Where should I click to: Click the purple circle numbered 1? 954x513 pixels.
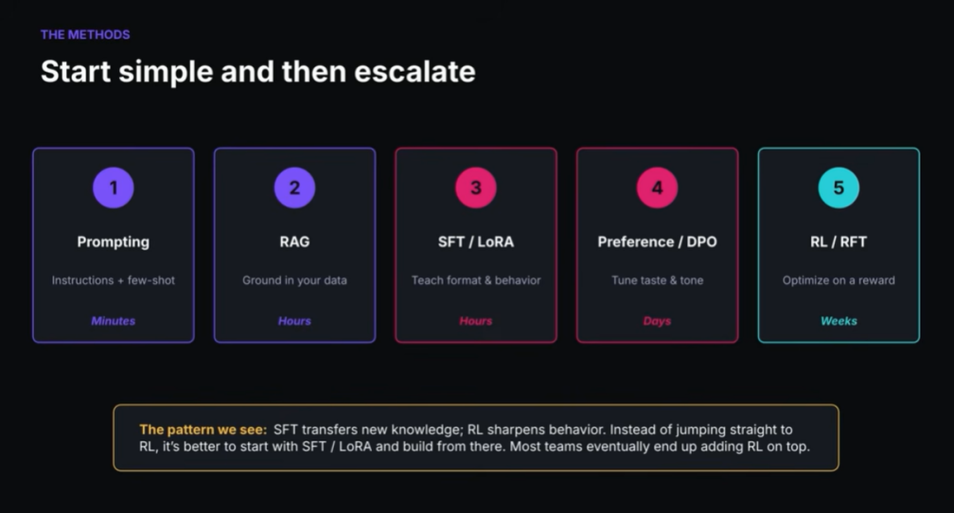[113, 188]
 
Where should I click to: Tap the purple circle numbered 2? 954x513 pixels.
[294, 188]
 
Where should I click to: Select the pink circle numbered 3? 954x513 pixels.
[476, 188]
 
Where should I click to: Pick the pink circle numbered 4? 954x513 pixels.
[657, 188]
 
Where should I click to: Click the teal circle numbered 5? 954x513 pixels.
[838, 188]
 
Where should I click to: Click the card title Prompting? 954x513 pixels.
[113, 241]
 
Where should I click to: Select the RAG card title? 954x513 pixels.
[294, 241]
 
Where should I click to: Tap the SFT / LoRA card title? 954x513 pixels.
[476, 241]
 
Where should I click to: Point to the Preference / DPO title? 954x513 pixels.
[657, 241]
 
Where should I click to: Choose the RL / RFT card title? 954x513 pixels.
[838, 241]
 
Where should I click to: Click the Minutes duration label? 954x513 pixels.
[113, 321]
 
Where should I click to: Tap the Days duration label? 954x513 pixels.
[657, 321]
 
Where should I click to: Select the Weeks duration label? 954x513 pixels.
[838, 321]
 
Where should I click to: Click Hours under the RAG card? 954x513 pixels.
[294, 321]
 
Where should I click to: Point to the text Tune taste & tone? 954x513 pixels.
[657, 280]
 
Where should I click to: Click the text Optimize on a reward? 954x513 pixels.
[838, 280]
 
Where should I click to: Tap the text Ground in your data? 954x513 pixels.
[294, 280]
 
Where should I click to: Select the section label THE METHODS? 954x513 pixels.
[85, 34]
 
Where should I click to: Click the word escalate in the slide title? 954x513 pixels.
[414, 72]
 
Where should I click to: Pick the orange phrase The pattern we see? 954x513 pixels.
[203, 430]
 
